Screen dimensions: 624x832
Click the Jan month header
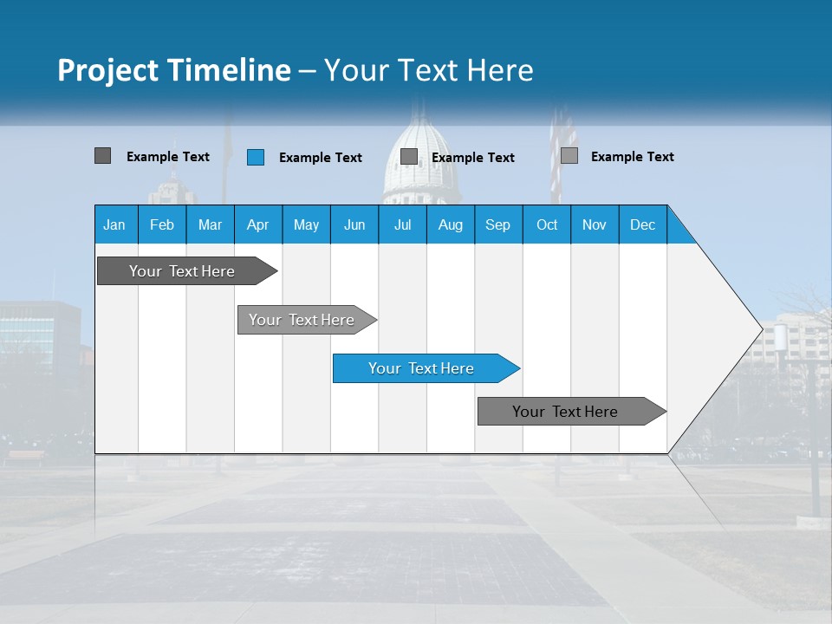[114, 224]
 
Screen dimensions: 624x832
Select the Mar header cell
[210, 224]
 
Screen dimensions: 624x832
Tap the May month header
[306, 224]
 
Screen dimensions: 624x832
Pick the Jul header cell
[402, 224]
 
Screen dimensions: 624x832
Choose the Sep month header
[497, 224]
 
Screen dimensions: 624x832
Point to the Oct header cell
[547, 224]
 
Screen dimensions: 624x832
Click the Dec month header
[642, 224]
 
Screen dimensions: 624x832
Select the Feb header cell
[162, 224]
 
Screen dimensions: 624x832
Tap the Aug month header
[450, 224]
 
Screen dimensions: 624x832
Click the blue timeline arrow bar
[425, 368]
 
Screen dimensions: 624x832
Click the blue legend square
[256, 157]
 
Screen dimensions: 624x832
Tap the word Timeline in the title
[232, 70]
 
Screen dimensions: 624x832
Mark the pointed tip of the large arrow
[760, 328]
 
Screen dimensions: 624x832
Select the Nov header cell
[595, 224]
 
